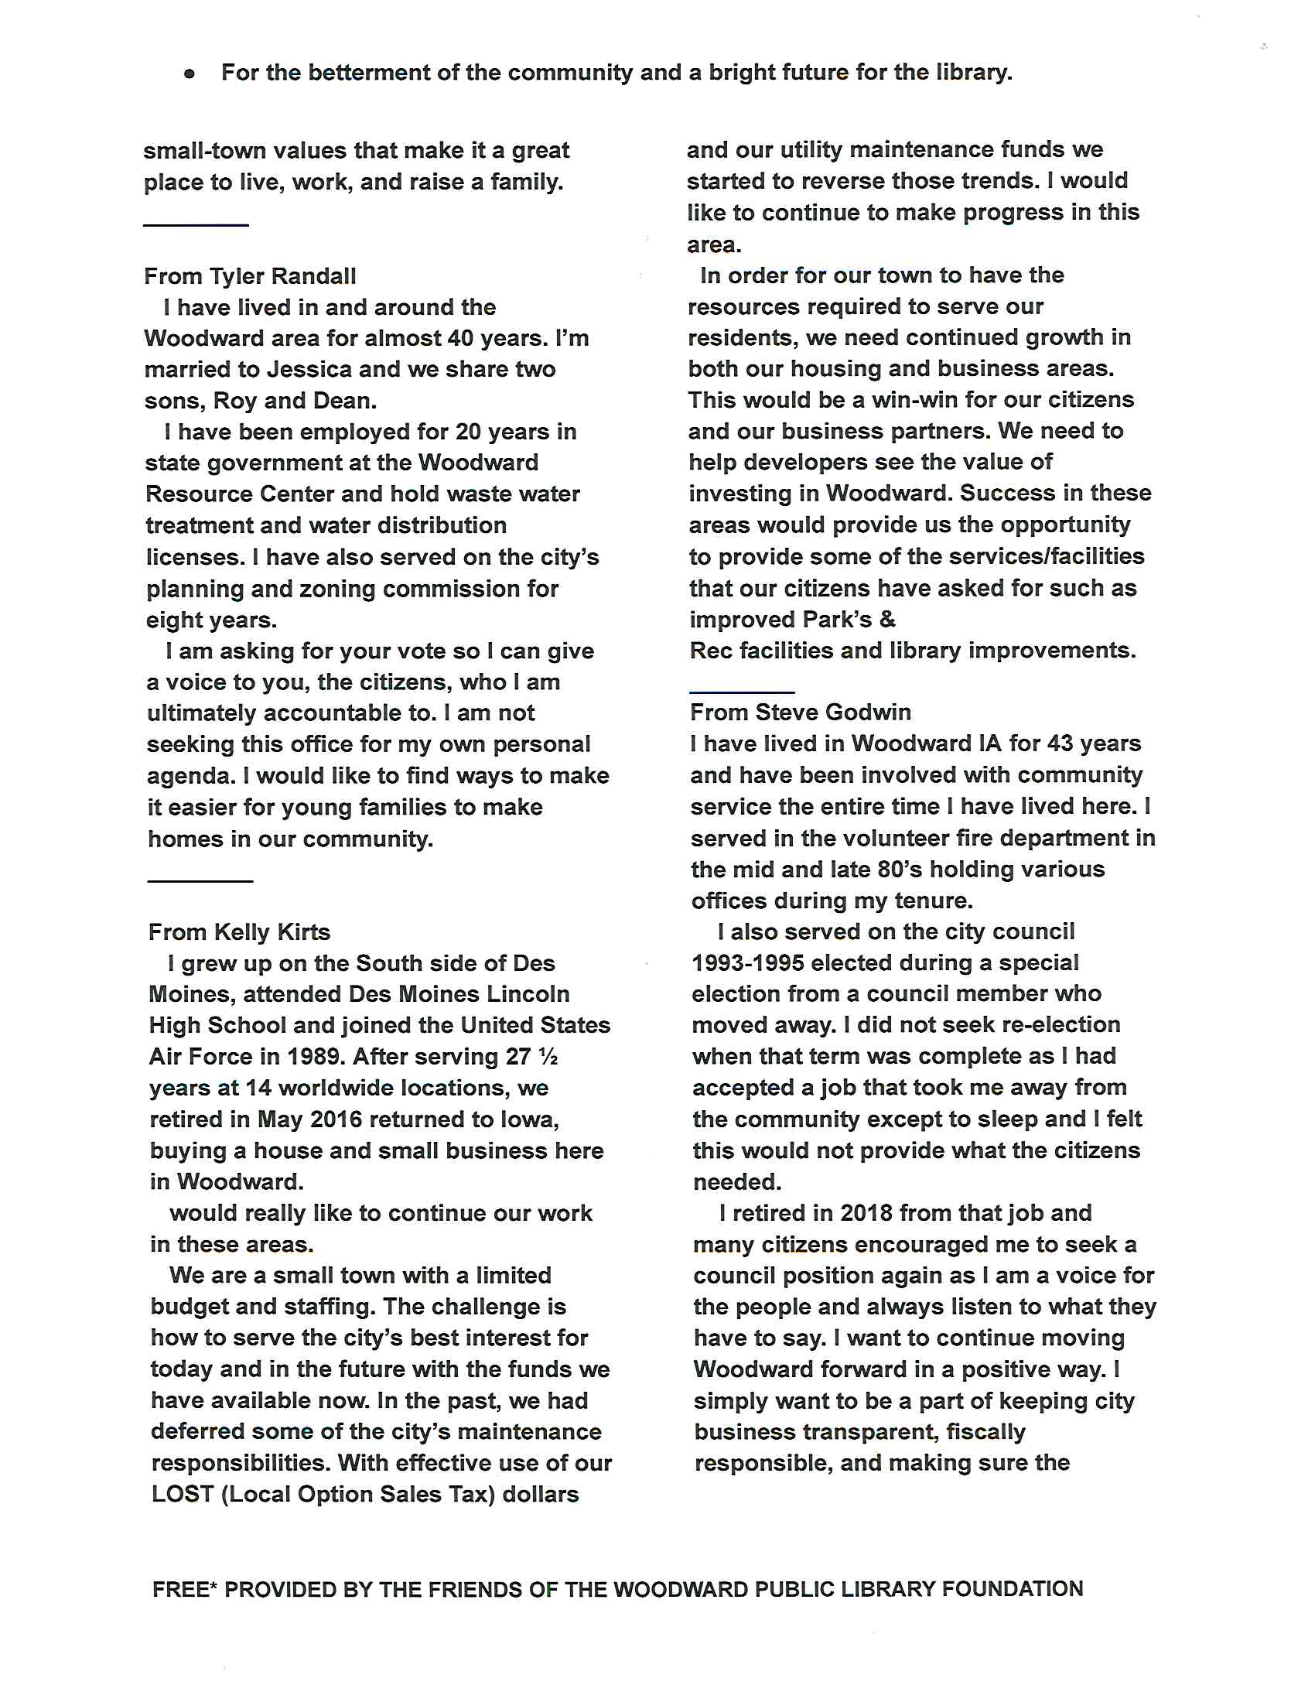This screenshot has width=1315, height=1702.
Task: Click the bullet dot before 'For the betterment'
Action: click(x=190, y=74)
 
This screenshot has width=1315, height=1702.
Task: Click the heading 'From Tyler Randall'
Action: click(x=250, y=276)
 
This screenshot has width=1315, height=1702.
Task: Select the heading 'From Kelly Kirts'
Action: click(x=239, y=932)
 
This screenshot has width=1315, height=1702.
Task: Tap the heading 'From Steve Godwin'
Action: click(x=800, y=713)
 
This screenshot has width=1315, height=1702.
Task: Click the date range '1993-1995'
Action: click(x=748, y=963)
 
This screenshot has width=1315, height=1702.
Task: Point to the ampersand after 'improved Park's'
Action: click(x=887, y=620)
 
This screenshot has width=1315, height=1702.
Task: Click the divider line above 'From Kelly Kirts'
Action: click(x=200, y=881)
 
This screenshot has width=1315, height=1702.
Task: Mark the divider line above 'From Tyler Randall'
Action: click(x=196, y=225)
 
